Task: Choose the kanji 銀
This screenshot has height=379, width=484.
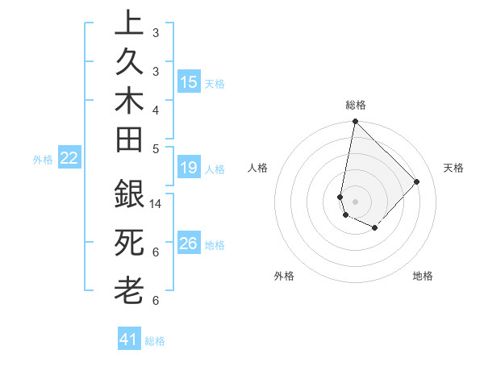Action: coord(129,195)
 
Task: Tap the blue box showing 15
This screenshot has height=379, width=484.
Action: coord(189,81)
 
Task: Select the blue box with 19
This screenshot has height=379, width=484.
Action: coord(189,168)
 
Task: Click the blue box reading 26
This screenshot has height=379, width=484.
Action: coord(189,244)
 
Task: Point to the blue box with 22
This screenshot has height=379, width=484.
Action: coord(69,158)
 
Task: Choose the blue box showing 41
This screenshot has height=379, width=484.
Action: coord(129,339)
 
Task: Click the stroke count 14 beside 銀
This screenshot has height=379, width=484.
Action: coord(156,203)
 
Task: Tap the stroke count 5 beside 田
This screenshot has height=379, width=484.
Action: coord(156,148)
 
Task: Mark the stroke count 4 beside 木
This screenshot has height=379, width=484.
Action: coord(156,109)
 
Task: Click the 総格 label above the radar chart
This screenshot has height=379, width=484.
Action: coord(356,105)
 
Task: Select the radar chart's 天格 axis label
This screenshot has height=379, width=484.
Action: coord(453,168)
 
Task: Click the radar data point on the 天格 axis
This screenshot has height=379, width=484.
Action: coord(416,181)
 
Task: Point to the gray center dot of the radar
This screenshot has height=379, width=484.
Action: coord(356,201)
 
